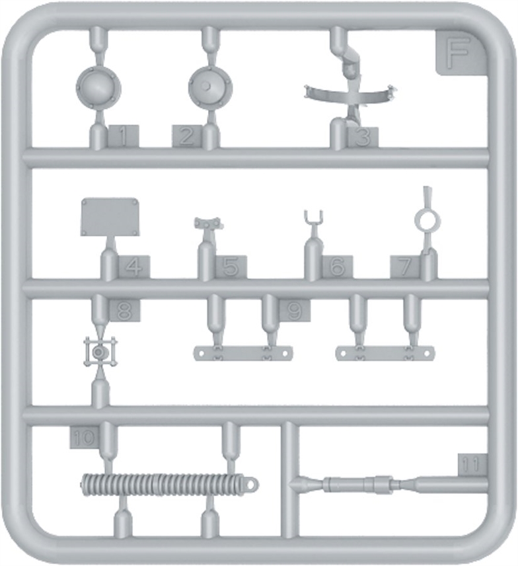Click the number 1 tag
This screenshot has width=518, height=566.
[x=124, y=136]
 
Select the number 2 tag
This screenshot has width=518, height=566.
[x=187, y=136]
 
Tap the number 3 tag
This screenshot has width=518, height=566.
[x=363, y=138]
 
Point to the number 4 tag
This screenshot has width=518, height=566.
[x=134, y=267]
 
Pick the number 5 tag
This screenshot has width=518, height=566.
[x=231, y=267]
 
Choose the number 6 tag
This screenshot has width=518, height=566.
[x=337, y=267]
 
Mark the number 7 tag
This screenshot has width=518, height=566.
[x=406, y=267]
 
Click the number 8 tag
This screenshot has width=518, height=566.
[x=124, y=310]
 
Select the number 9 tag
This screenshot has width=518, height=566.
[x=295, y=310]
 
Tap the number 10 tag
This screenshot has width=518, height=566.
[x=84, y=438]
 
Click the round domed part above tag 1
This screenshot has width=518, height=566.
[x=98, y=88]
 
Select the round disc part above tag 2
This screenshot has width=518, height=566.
[x=210, y=87]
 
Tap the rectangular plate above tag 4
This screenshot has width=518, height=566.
[x=110, y=217]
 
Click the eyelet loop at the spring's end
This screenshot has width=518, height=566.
[x=252, y=484]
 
